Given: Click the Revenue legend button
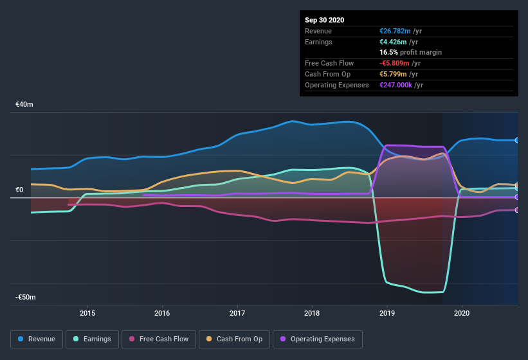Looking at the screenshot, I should tap(37, 339).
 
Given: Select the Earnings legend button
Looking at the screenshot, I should tap(92, 339).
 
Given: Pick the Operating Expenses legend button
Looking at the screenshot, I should tap(317, 339).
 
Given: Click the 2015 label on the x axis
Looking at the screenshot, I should tap(87, 314).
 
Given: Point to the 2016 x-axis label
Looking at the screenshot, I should tap(162, 314).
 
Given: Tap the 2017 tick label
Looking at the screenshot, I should tap(237, 314).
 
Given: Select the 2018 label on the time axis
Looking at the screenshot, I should tap(312, 314).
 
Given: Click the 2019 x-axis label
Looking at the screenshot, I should tap(387, 314).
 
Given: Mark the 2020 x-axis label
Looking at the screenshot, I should tap(462, 314).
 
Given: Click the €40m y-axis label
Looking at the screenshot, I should tap(25, 104).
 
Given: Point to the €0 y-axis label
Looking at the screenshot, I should tap(19, 190).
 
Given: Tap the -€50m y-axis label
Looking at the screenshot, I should tap(26, 298).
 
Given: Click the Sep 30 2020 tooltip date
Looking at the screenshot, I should tap(325, 20).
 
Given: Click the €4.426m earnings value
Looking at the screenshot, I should tap(393, 42).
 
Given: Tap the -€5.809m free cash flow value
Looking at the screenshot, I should tap(394, 63).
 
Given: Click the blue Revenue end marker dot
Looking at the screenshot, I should tap(517, 140).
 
